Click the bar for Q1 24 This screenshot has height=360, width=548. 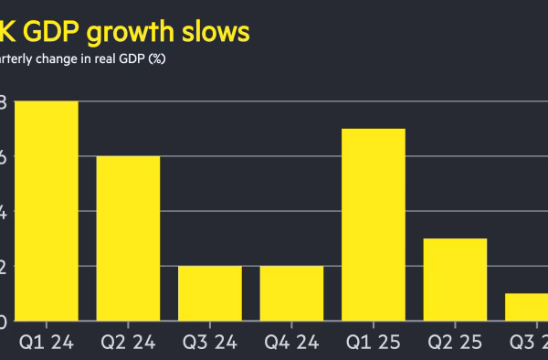point(46,211)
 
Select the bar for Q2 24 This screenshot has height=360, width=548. point(128,238)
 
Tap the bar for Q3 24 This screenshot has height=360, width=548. point(209,293)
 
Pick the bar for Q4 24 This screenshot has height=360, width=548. point(291,293)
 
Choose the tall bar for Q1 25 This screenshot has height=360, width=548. point(373,225)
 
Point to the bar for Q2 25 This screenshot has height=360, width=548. point(455,280)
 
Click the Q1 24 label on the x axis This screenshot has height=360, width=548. point(47,344)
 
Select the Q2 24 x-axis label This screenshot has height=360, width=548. point(128,344)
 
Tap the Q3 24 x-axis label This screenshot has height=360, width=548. point(209,344)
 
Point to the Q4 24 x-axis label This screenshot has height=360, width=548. point(291,344)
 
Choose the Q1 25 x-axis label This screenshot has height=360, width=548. point(373,344)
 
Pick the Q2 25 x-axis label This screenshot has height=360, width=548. point(455,344)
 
